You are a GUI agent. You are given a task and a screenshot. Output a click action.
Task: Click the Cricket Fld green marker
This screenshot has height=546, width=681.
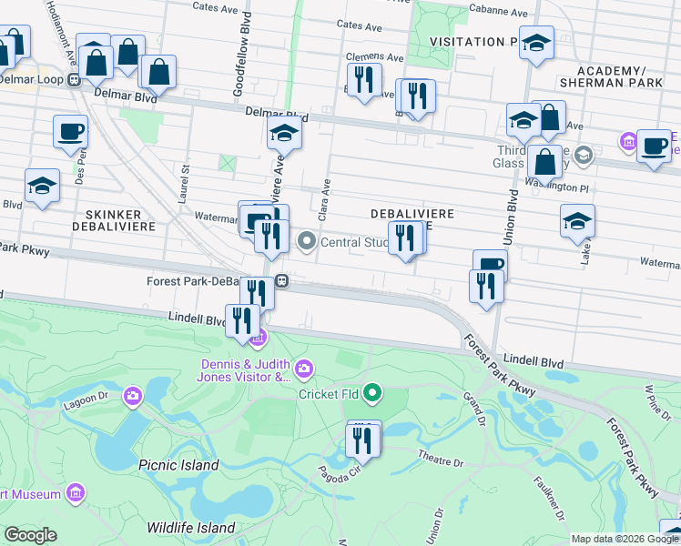coord(371,394)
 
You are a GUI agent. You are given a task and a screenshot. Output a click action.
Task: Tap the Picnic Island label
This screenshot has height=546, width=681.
coord(178,465)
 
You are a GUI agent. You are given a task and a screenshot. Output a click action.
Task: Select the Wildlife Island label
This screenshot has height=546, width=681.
coord(191,528)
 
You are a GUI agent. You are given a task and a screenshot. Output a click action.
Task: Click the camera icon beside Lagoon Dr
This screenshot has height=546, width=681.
coord(134,395)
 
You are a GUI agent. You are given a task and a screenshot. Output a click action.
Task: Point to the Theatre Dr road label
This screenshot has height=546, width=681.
coord(441,458)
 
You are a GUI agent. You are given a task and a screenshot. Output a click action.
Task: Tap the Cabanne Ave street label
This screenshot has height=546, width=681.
coord(498,14)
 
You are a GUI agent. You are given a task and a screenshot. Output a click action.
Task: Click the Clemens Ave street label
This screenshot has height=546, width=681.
coord(374,56)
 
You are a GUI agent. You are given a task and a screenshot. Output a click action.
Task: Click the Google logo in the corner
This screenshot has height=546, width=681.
coord(30,535)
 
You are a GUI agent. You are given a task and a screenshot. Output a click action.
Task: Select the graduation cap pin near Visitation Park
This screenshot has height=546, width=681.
coord(536,43)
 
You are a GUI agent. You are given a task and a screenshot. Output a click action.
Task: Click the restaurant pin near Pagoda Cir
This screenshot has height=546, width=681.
coord(363,440)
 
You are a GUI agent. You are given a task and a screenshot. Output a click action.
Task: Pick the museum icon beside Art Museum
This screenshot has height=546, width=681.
coord(76,494)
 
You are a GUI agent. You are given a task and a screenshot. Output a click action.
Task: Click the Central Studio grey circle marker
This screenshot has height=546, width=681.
coord(307,242)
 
